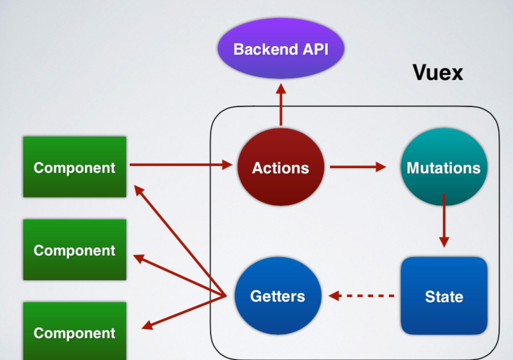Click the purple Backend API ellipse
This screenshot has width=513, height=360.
pyautogui.click(x=281, y=49)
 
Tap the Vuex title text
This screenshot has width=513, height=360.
pyautogui.click(x=438, y=72)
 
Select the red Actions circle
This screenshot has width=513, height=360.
pyautogui.click(x=281, y=168)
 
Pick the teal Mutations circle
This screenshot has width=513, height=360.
pyautogui.click(x=443, y=168)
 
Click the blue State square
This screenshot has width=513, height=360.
pyautogui.click(x=444, y=296)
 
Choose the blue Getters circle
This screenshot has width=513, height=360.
pyautogui.click(x=277, y=296)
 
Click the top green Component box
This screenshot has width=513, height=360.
pyautogui.click(x=74, y=167)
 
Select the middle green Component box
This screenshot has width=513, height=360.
pyautogui.click(x=74, y=250)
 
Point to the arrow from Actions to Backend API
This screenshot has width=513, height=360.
pyautogui.click(x=281, y=107)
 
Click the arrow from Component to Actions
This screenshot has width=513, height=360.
pyautogui.click(x=180, y=165)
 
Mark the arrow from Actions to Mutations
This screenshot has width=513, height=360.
pyautogui.click(x=357, y=167)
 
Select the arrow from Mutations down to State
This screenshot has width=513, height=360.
pyautogui.click(x=444, y=219)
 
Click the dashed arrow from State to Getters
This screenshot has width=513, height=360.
pyautogui.click(x=363, y=295)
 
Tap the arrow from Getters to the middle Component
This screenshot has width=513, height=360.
pyautogui.click(x=180, y=276)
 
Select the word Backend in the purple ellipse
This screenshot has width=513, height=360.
pyautogui.click(x=264, y=49)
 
